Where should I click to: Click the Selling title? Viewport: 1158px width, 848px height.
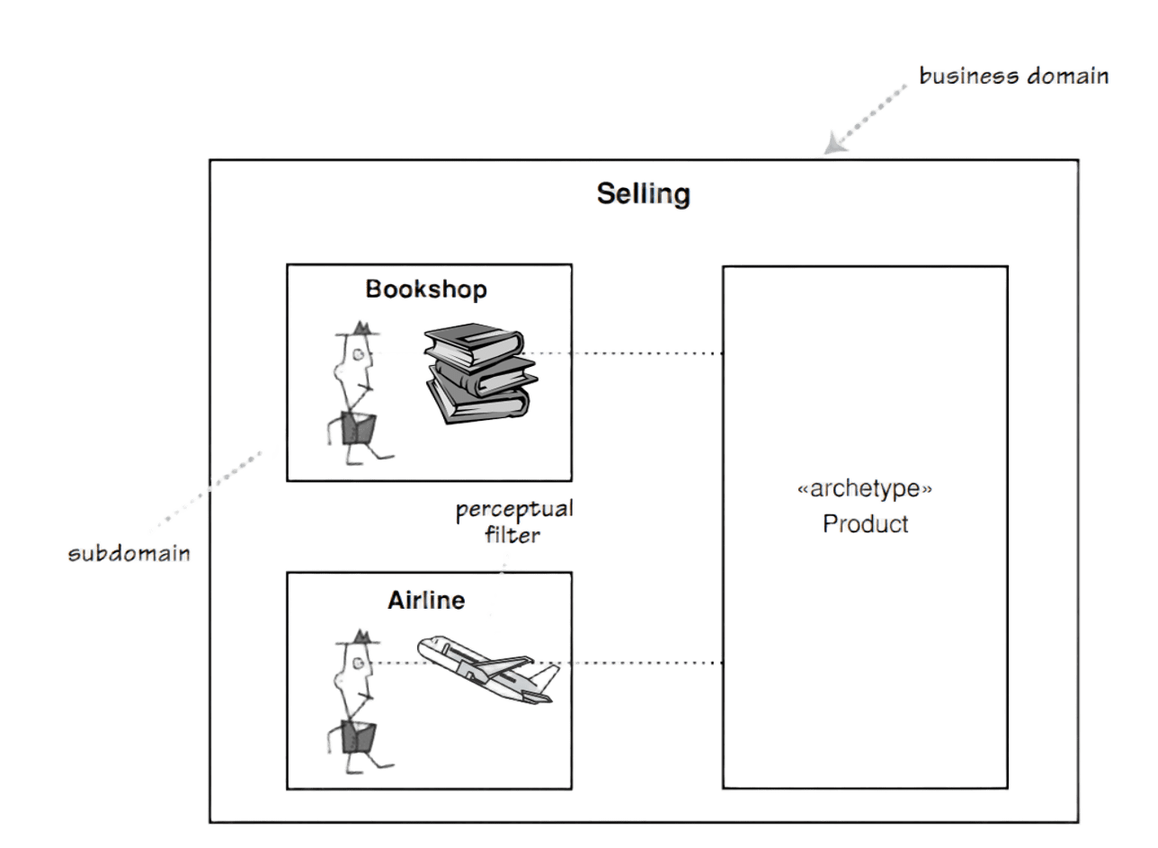click(643, 193)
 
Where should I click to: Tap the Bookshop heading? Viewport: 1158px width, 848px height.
click(426, 290)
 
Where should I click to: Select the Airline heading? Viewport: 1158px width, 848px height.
click(426, 600)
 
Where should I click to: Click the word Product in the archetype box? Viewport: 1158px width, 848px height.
click(865, 523)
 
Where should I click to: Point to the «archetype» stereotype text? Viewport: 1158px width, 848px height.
click(865, 489)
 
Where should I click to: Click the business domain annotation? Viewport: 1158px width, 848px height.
click(1013, 76)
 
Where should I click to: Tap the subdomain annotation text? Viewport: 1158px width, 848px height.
click(130, 553)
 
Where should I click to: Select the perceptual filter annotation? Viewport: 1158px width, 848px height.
click(513, 522)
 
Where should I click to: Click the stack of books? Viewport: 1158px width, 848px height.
click(479, 373)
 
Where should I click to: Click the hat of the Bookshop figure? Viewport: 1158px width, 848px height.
click(354, 330)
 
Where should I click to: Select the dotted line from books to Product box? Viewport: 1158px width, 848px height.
click(629, 354)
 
